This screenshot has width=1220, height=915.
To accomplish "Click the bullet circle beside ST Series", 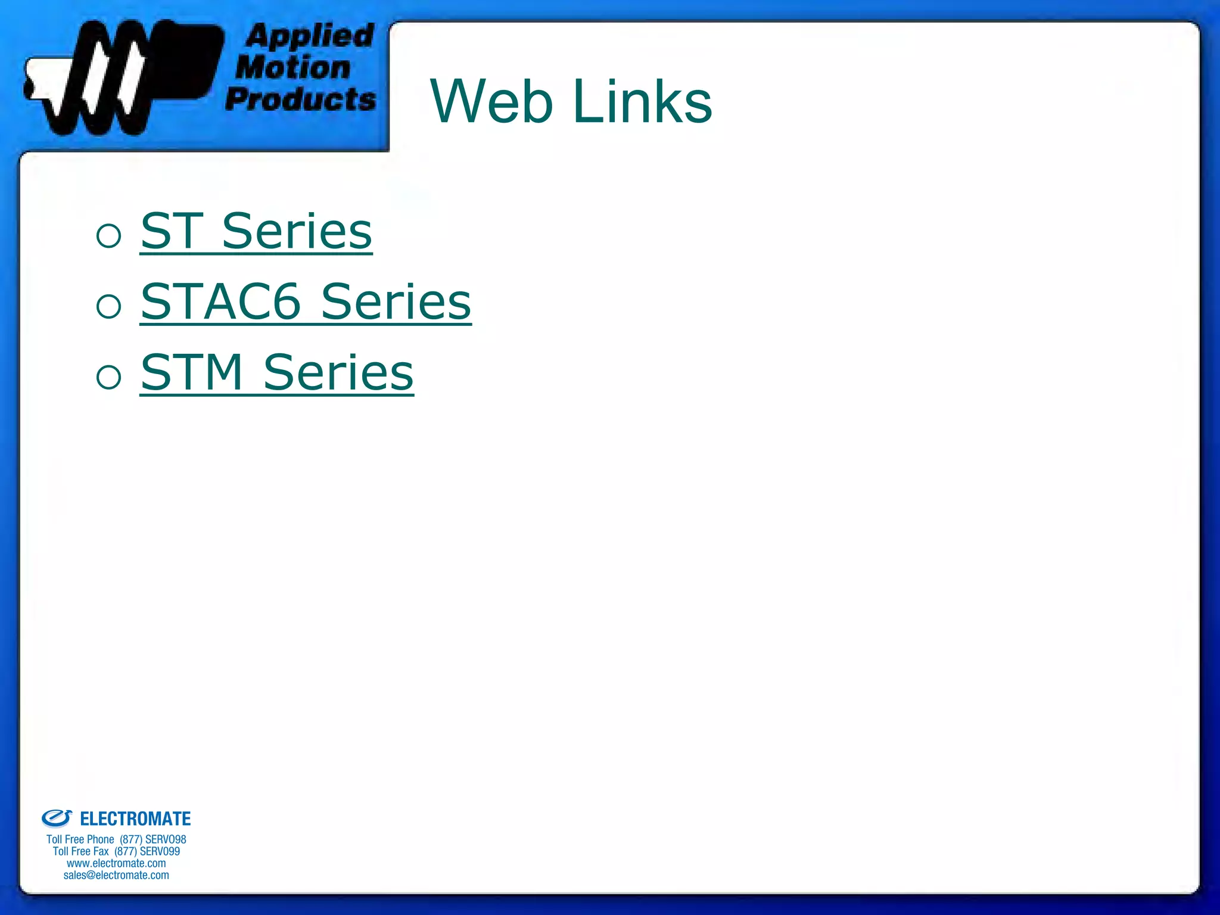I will [109, 235].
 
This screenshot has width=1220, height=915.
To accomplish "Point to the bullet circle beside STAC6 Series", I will [109, 306].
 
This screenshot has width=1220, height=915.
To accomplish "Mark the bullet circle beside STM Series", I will [109, 377].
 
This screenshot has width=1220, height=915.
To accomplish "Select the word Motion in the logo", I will [293, 67].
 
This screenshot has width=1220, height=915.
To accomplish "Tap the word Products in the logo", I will [301, 98].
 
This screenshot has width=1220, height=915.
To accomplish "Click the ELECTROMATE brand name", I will [135, 819].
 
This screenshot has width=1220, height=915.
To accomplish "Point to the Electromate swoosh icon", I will [57, 818].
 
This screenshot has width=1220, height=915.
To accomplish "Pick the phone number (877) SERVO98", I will [153, 839].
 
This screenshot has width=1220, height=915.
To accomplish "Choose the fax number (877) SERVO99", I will [147, 851].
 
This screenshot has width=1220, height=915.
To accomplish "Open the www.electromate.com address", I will [116, 863].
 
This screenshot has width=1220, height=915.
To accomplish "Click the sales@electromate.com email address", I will [116, 875].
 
